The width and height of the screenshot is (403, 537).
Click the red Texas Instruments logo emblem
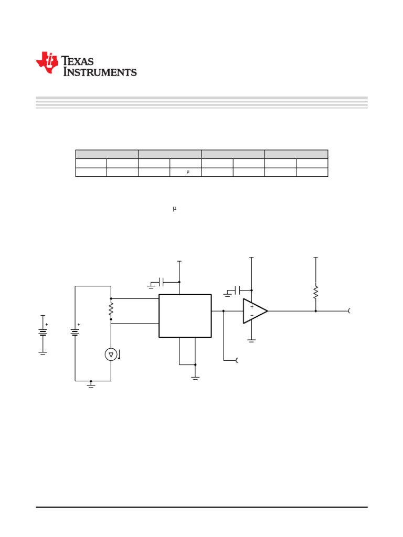[x=47, y=62]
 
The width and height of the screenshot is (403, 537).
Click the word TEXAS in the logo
[x=78, y=61]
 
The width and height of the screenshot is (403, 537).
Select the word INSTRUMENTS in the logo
[x=100, y=72]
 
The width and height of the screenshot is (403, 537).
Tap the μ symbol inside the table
[x=188, y=172]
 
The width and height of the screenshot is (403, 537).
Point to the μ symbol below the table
[x=175, y=209]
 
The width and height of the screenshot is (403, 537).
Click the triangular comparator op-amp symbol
[x=254, y=311]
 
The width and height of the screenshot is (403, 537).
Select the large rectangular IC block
[x=185, y=316]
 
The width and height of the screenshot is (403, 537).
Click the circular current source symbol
[x=111, y=355]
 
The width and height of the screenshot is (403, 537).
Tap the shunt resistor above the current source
[x=111, y=309]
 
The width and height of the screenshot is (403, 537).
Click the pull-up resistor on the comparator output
[x=315, y=292]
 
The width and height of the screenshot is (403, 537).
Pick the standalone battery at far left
[x=43, y=332]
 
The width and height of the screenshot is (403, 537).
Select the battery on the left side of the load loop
[x=75, y=332]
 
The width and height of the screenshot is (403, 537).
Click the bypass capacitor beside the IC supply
[x=162, y=282]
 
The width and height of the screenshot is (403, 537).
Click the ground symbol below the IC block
[x=195, y=377]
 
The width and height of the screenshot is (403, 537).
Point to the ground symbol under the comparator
[x=251, y=340]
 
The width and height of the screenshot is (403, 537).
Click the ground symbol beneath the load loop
[x=91, y=385]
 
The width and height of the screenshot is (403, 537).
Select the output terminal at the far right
[x=349, y=311]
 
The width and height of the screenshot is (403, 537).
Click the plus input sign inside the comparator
[x=252, y=307]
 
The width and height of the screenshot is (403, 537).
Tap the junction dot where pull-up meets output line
[x=315, y=311]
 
